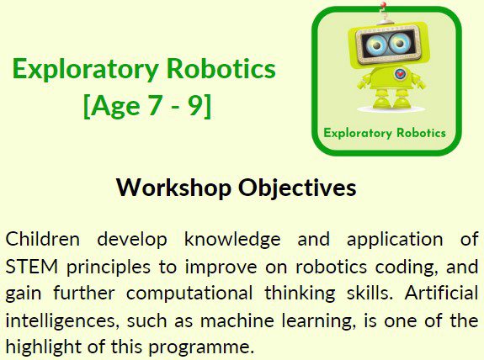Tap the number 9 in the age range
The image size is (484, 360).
coord(195,105)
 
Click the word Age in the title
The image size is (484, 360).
coord(115,107)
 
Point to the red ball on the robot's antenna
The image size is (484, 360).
coord(383,5)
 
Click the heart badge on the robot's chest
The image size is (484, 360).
coord(400,74)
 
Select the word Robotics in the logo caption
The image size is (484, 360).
coord(421,133)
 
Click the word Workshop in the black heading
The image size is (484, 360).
coord(173,188)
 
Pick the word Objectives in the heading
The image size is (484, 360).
coord(297,188)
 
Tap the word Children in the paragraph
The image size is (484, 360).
coord(43,239)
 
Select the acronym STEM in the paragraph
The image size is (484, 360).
coord(32,267)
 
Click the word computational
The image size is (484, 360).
coord(189,293)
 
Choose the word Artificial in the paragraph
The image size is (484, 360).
coord(442,293)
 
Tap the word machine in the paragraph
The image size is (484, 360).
coord(237,320)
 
